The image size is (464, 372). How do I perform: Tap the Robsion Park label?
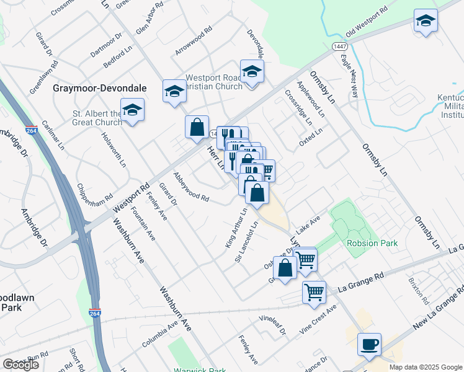click(x=372, y=243)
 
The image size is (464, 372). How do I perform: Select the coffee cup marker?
click(x=369, y=345)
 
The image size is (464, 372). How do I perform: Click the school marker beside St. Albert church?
click(x=132, y=110)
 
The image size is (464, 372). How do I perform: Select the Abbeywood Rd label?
click(x=191, y=186)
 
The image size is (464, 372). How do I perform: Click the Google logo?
click(x=20, y=364)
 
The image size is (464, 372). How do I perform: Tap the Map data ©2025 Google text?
click(x=426, y=367)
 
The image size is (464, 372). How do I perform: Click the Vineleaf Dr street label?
click(x=273, y=326)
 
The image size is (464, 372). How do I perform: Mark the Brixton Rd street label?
click(x=419, y=289)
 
